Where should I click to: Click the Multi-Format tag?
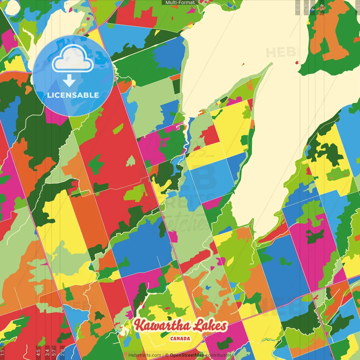pyautogui.click(x=180, y=3)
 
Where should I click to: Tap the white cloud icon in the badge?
pyautogui.click(x=73, y=59)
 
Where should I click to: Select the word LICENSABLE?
pyautogui.click(x=73, y=95)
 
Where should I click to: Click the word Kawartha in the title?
pyautogui.click(x=162, y=326)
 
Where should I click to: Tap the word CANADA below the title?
pyautogui.click(x=180, y=338)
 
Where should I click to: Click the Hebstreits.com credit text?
pyautogui.click(x=145, y=355)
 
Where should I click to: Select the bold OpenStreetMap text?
pyautogui.click(x=187, y=355)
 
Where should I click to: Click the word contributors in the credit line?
pyautogui.click(x=218, y=355)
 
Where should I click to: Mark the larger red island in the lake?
pyautogui.click(x=297, y=62)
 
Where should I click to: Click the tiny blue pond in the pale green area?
pyautogui.click(x=208, y=287)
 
